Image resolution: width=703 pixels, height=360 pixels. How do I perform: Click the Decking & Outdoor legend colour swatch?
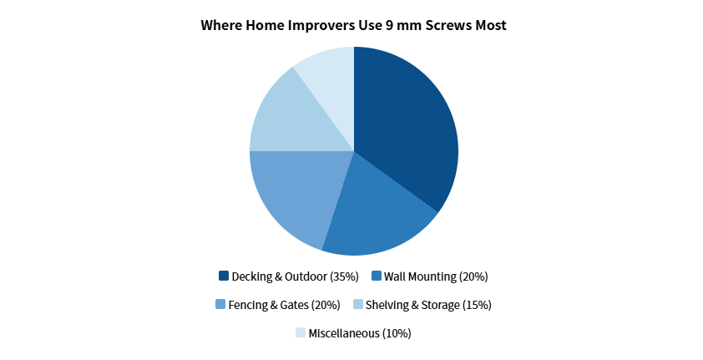[223, 276]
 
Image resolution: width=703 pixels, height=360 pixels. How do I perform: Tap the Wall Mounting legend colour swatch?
[376, 276]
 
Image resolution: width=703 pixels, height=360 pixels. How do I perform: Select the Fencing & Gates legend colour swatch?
[220, 304]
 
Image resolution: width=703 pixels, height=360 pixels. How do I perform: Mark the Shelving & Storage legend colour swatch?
[358, 304]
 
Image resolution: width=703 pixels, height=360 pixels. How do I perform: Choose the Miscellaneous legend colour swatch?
[300, 332]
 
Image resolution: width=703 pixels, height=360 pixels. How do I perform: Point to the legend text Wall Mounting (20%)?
[435, 276]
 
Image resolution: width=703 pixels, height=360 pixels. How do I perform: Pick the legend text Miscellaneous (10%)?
[360, 332]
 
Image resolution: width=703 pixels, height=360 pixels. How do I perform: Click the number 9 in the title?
[388, 26]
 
